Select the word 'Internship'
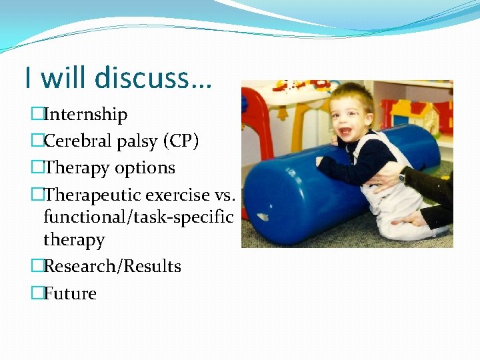[x=85, y=115]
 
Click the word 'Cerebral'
[x=75, y=141]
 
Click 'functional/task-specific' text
[x=138, y=217]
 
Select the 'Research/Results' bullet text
[x=112, y=266]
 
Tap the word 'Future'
[x=70, y=293]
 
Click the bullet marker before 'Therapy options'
[x=37, y=168]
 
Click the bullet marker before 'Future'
[x=37, y=293]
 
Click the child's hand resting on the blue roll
[x=325, y=161]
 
